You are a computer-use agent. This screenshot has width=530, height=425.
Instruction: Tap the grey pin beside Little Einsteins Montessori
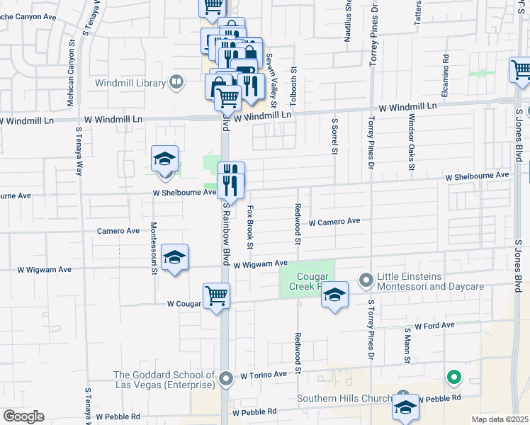click(366, 281)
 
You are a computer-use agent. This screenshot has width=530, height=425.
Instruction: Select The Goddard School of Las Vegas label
click(164, 380)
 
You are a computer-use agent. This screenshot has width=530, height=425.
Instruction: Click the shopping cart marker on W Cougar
click(216, 296)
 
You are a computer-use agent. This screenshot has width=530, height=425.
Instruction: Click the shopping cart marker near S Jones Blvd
click(521, 71)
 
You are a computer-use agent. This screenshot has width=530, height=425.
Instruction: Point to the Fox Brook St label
click(250, 227)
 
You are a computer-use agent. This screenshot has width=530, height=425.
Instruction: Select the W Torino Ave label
click(264, 375)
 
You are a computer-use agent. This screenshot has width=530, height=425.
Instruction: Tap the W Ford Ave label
click(434, 326)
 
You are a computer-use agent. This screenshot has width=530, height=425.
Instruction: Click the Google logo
click(23, 416)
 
